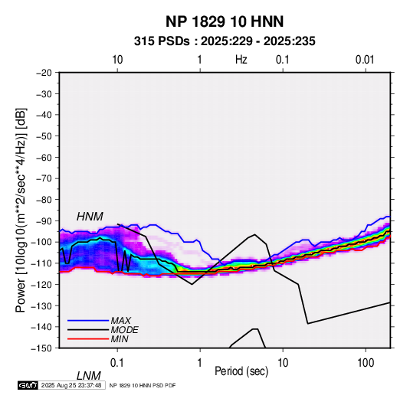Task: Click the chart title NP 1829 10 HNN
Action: (x=225, y=21)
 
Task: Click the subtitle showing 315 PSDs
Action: (x=225, y=41)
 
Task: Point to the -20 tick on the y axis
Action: (x=44, y=73)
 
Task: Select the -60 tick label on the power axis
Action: (x=44, y=157)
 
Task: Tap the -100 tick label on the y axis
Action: (x=42, y=242)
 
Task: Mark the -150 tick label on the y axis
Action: (x=42, y=348)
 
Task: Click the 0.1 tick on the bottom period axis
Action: (x=117, y=363)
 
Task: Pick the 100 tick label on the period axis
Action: (x=366, y=363)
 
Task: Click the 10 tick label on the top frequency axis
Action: (x=117, y=60)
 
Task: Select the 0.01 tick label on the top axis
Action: (x=365, y=60)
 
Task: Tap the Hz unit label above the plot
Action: (x=241, y=60)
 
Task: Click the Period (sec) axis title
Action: (x=241, y=371)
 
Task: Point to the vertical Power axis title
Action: (x=21, y=210)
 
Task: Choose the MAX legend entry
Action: (x=120, y=321)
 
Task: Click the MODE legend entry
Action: (x=124, y=330)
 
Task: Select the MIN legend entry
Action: (x=120, y=339)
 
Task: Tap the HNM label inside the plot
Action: (x=90, y=217)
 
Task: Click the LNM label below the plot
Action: (x=88, y=376)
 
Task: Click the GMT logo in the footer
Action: (x=28, y=385)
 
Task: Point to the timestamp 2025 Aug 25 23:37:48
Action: (x=71, y=385)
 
